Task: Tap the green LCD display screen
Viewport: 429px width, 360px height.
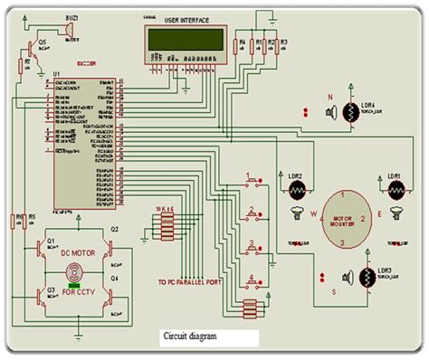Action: tap(186, 41)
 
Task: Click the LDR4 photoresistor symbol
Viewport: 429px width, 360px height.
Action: tap(367, 111)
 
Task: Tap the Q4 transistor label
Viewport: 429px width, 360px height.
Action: tap(114, 279)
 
